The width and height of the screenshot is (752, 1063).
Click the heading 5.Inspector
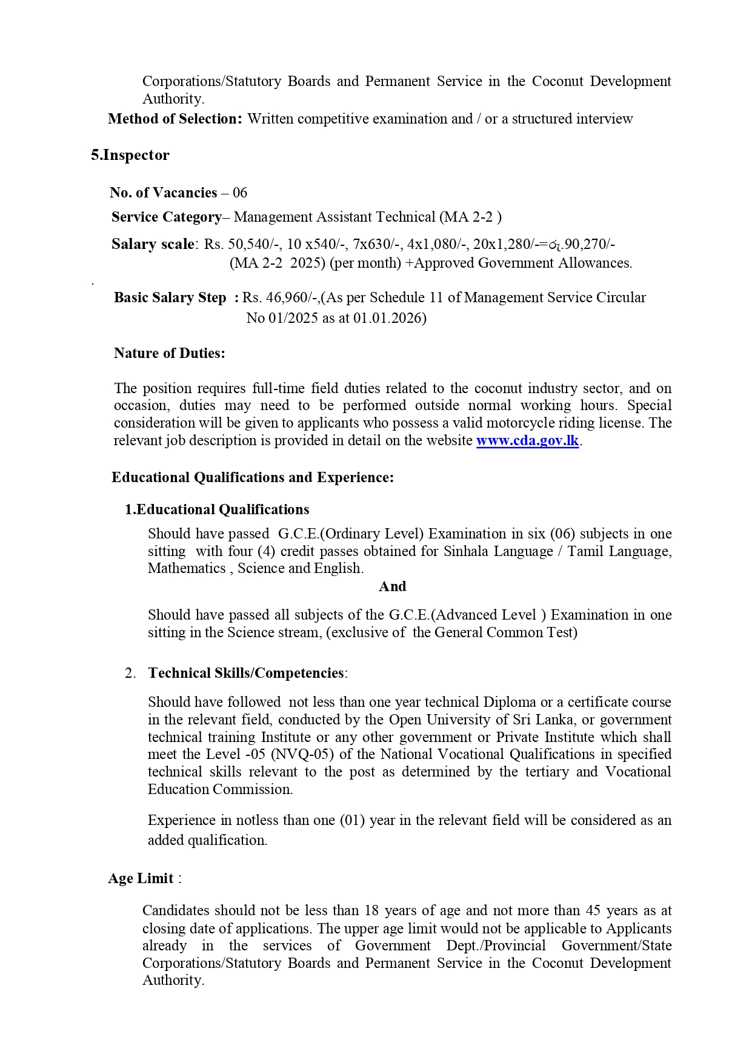(x=130, y=155)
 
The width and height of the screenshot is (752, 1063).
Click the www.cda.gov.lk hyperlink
(x=527, y=440)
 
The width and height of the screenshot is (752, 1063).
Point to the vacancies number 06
(x=240, y=193)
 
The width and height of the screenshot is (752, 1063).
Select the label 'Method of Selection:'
(x=175, y=119)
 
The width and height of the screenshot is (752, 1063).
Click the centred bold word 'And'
(x=392, y=586)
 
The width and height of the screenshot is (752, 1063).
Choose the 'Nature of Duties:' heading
(x=169, y=353)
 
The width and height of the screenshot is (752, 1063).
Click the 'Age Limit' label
(x=141, y=878)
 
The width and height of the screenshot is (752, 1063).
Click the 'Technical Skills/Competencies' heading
(x=245, y=673)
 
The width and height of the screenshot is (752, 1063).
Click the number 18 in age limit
(x=371, y=910)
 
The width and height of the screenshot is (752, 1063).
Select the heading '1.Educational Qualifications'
(x=217, y=509)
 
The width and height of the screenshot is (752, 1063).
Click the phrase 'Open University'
(x=436, y=720)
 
